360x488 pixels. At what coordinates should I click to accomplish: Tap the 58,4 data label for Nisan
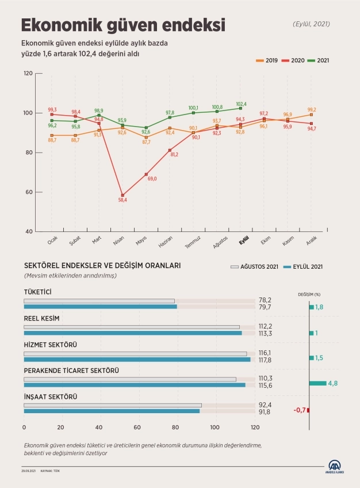pos(122,200)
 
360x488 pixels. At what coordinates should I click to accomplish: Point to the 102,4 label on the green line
pos(241,104)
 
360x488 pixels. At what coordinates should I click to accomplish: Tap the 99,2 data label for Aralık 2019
pos(312,109)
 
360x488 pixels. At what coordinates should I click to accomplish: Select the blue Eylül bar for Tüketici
pos(100,307)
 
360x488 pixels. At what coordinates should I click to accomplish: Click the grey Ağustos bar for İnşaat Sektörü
pos(113,405)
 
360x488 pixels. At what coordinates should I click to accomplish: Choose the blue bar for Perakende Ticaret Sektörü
pos(135,384)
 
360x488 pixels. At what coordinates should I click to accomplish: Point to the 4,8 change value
pos(332,383)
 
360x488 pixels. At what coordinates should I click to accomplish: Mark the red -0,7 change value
pos(298,410)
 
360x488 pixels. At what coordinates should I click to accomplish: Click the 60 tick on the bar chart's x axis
pos(137,428)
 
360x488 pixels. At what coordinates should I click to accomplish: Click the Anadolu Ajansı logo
pos(335,467)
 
